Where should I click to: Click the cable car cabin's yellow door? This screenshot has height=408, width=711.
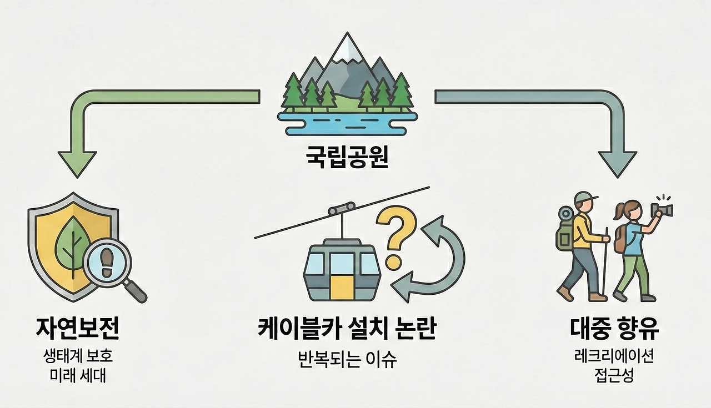tap(342, 288)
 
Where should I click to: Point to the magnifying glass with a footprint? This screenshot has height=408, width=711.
tap(110, 265)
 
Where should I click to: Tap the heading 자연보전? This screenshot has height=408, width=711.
tap(77, 330)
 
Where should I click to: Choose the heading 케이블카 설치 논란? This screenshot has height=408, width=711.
tap(348, 330)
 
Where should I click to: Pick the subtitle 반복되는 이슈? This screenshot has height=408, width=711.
tap(348, 359)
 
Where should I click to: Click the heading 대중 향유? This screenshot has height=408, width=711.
tap(614, 330)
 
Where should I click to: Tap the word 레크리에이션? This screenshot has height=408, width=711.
tap(614, 356)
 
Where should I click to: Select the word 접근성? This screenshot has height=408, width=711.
tap(614, 376)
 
